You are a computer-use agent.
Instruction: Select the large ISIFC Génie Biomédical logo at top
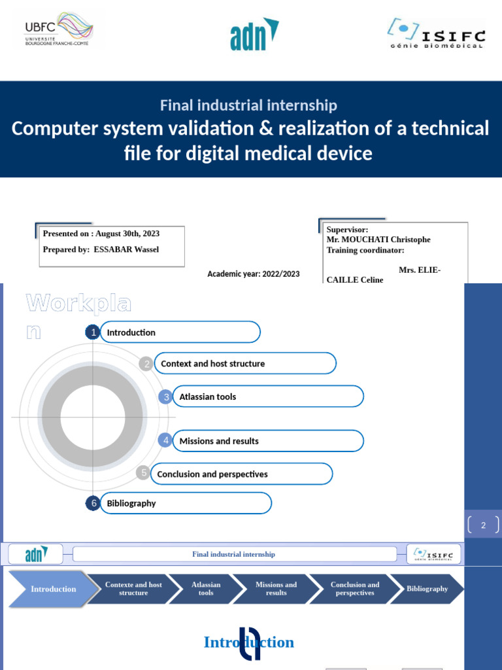pos(436,33)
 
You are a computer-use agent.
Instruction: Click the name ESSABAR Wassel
pos(126,249)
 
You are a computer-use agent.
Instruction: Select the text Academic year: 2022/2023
pos(254,274)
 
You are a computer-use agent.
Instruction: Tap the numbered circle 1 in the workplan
pos(93,332)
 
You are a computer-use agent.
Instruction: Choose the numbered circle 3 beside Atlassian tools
pos(167,397)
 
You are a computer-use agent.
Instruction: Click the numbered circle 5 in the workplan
pos(144,473)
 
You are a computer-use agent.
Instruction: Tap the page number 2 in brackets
pos(484,525)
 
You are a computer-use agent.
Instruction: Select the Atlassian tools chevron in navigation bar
pos(206,589)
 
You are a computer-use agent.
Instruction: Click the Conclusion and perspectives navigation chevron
pos(354,589)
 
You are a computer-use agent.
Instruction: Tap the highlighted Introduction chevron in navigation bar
pos(54,589)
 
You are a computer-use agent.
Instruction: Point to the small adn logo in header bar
pos(35,555)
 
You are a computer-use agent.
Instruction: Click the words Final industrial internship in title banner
pos(249,105)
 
